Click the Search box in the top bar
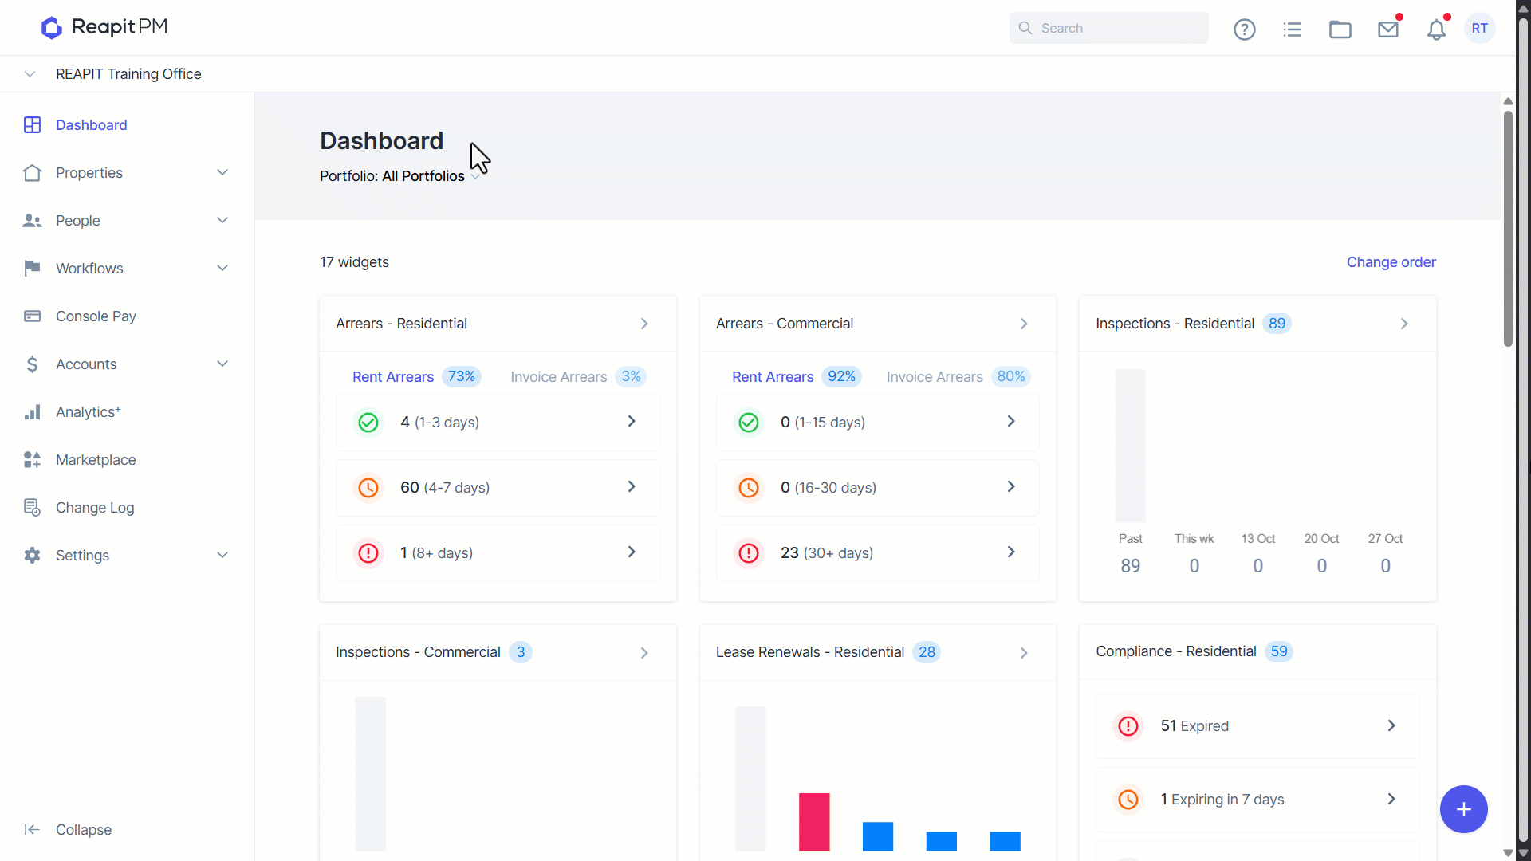click(1108, 28)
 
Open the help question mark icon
click(1245, 29)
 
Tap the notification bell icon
click(1437, 29)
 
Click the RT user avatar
click(1480, 28)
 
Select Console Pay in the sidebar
click(96, 316)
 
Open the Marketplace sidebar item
click(96, 460)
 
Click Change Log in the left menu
click(95, 508)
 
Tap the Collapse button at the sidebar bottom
click(83, 830)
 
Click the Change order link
click(1391, 262)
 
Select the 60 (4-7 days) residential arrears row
click(498, 487)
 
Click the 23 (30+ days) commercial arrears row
click(877, 552)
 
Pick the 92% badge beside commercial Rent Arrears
click(841, 376)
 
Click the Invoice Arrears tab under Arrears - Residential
click(559, 377)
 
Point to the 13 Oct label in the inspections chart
click(1258, 539)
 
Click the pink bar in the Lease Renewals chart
click(814, 822)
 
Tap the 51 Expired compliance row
click(1257, 726)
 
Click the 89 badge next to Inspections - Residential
click(1277, 324)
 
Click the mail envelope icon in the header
click(1388, 29)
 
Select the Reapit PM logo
click(104, 27)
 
